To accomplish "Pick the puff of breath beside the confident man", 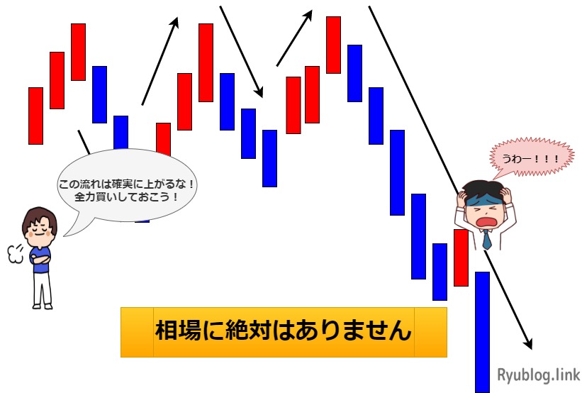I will coord(14,253).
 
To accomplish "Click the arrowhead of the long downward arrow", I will coord(528,343).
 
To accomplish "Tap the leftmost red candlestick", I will coord(35,115).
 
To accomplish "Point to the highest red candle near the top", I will coord(333,44).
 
